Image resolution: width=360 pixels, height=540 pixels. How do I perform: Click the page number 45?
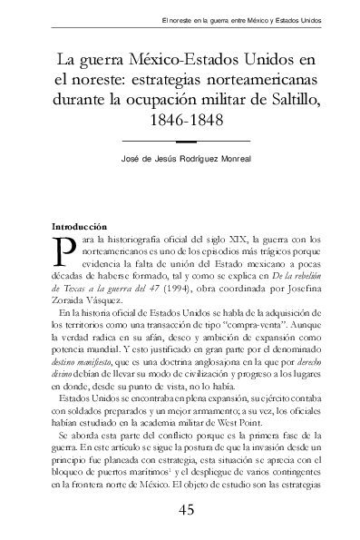[x=187, y=509]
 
